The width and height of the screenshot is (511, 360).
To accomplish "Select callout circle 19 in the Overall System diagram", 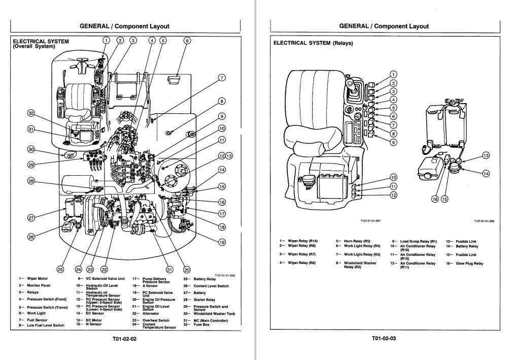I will pyautogui.click(x=222, y=243).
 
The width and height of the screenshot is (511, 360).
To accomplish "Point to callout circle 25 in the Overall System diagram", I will pyautogui.click(x=60, y=270).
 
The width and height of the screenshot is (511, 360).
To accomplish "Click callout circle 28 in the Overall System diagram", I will pyautogui.click(x=31, y=182).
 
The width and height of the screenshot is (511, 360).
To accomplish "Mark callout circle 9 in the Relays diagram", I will pyautogui.click(x=393, y=142).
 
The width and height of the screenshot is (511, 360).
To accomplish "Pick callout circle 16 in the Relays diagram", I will pyautogui.click(x=434, y=199).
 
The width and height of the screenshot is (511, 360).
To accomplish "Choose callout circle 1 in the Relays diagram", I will pyautogui.click(x=393, y=75).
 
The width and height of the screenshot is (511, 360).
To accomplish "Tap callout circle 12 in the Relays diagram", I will pyautogui.click(x=393, y=195).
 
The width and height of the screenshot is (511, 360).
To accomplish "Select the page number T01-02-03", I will pyautogui.click(x=384, y=338).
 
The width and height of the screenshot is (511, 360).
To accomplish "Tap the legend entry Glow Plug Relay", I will pyautogui.click(x=469, y=264).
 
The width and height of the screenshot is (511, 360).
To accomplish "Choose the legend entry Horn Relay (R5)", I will pyautogui.click(x=357, y=241).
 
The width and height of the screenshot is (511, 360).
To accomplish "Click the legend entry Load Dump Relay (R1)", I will pyautogui.click(x=419, y=241).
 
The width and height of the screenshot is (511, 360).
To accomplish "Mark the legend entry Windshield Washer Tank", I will pyautogui.click(x=214, y=314).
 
